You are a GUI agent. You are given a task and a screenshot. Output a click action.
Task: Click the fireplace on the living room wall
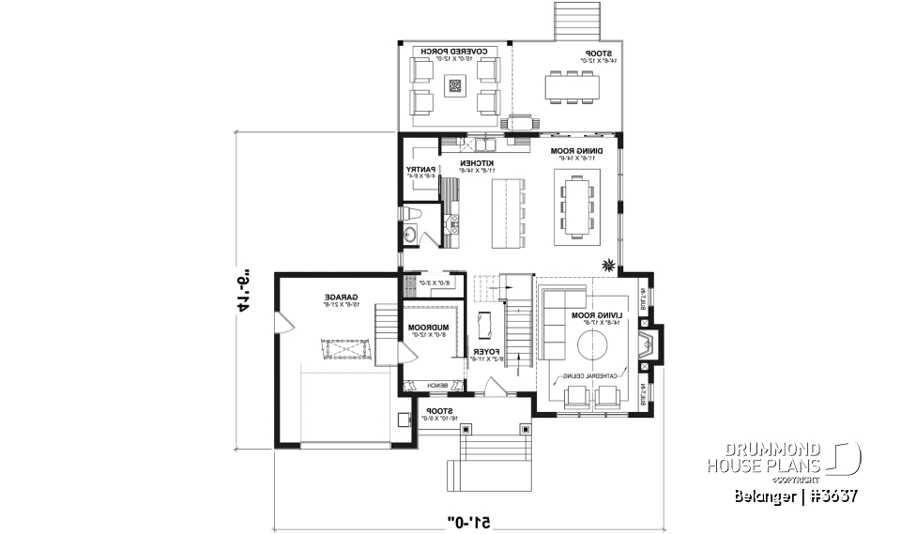point(645,346)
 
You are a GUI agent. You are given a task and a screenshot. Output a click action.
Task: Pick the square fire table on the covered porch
point(456,86)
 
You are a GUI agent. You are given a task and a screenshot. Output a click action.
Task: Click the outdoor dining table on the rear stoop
point(572,86)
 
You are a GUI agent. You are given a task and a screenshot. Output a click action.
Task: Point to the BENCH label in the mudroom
point(436,385)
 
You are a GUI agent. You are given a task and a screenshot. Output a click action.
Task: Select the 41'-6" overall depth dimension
point(242,287)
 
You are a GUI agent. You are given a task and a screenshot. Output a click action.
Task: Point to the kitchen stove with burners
point(452,222)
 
